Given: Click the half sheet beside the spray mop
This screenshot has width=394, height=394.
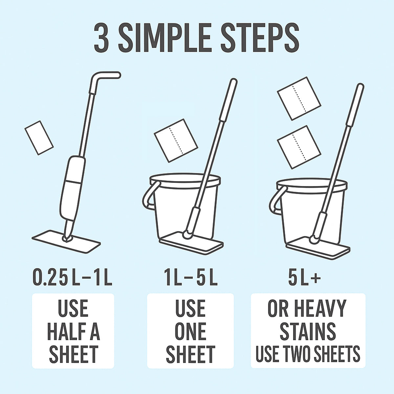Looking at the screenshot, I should click(39, 137).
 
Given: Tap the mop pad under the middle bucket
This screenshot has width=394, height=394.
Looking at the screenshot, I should click(192, 243).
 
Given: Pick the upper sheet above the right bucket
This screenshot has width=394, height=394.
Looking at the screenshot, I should click(299, 98).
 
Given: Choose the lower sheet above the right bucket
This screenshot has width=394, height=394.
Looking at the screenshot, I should click(299, 146).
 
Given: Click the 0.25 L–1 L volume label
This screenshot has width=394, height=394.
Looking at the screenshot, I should click(73, 278).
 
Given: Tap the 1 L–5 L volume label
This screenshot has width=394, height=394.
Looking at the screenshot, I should click(190, 278).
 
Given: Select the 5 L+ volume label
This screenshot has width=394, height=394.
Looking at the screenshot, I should click(304, 278).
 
